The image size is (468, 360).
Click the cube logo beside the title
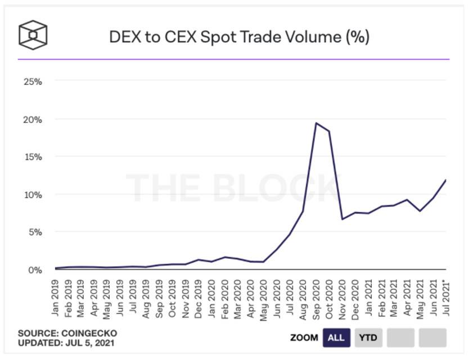coord(33,35)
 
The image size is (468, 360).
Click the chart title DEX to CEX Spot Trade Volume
coord(239,37)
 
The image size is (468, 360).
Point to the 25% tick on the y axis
coord(32,82)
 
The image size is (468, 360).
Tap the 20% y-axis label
coord(32,119)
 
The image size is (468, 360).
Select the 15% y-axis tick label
coord(32,156)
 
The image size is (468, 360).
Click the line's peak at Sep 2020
coord(316,123)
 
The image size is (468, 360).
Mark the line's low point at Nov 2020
coord(343,219)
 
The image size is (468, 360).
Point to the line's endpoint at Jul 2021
coord(446,180)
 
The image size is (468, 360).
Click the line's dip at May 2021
coord(420,211)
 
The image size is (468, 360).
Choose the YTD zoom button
coord(368,338)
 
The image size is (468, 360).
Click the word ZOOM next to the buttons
coord(304,338)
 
